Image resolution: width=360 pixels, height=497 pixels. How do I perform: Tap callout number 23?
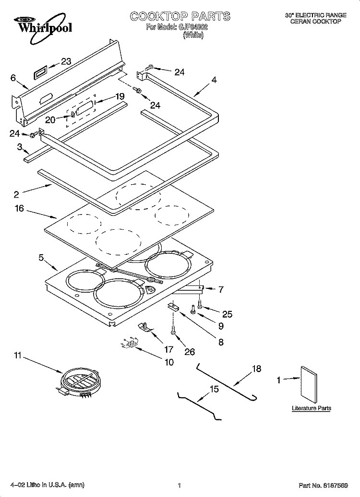click(66, 61)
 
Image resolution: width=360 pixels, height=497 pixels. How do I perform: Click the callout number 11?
click(17, 355)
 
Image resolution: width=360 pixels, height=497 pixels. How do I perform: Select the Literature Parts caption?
click(312, 408)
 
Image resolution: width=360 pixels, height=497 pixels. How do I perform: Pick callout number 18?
click(257, 368)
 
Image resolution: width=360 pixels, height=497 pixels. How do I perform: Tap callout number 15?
click(214, 389)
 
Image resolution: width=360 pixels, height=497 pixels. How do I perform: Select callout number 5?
click(42, 258)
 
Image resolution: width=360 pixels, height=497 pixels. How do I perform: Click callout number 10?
click(169, 362)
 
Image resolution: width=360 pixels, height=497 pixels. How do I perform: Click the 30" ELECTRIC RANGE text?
click(315, 15)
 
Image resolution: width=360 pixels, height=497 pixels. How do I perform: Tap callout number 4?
click(214, 81)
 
